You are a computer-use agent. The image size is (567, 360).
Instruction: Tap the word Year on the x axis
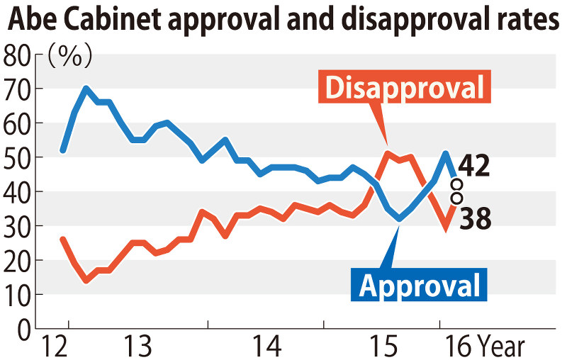pyautogui.click(x=500, y=347)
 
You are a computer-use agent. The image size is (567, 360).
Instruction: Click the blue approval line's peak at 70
pyautogui.click(x=86, y=88)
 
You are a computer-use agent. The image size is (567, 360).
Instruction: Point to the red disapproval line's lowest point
pyautogui.click(x=86, y=281)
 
